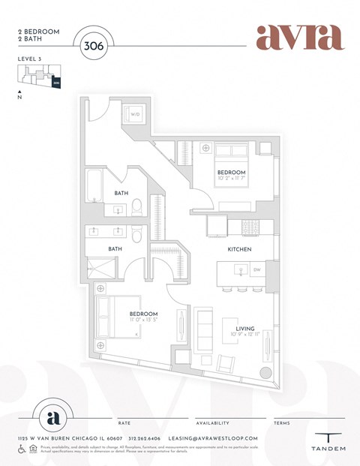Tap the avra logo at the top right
[x=299, y=37]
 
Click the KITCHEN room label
[x=239, y=248]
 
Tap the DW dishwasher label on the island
[x=256, y=269]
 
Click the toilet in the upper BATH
[x=137, y=208]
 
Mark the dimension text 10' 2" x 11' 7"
[x=232, y=179]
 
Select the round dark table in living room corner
[x=264, y=374]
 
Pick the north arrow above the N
[x=19, y=92]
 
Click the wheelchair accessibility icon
[x=21, y=449]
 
